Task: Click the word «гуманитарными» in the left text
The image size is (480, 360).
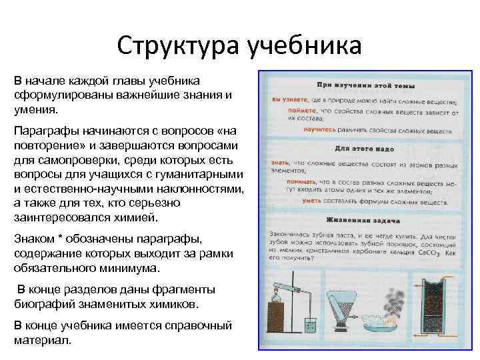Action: [197, 173]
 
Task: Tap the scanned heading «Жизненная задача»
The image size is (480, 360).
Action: [363, 219]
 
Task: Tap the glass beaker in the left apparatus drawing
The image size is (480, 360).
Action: [310, 326]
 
